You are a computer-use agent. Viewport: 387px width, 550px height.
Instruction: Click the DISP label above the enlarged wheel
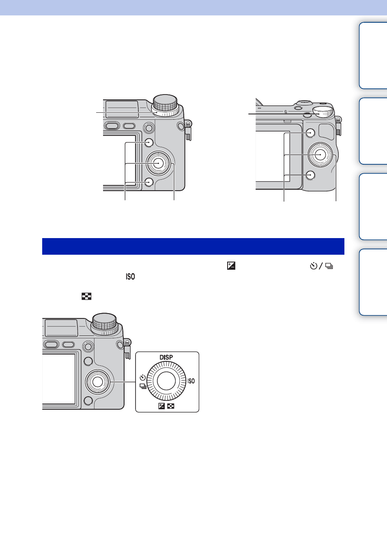[166, 357]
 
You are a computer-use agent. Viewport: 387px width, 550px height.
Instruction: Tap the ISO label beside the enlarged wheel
[191, 381]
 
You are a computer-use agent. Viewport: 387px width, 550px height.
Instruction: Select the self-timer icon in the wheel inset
[143, 377]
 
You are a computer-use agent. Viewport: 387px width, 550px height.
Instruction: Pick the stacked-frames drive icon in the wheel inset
[143, 386]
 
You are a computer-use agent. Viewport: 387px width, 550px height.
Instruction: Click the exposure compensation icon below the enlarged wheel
[161, 406]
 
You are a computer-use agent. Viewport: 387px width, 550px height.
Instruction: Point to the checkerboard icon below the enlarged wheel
[171, 406]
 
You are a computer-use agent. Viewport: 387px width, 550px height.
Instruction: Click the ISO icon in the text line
[130, 277]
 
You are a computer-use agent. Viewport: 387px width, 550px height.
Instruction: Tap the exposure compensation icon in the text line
[231, 266]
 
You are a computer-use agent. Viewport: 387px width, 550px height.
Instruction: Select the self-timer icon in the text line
[314, 266]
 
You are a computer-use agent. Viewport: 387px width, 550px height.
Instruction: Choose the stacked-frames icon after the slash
[329, 266]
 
